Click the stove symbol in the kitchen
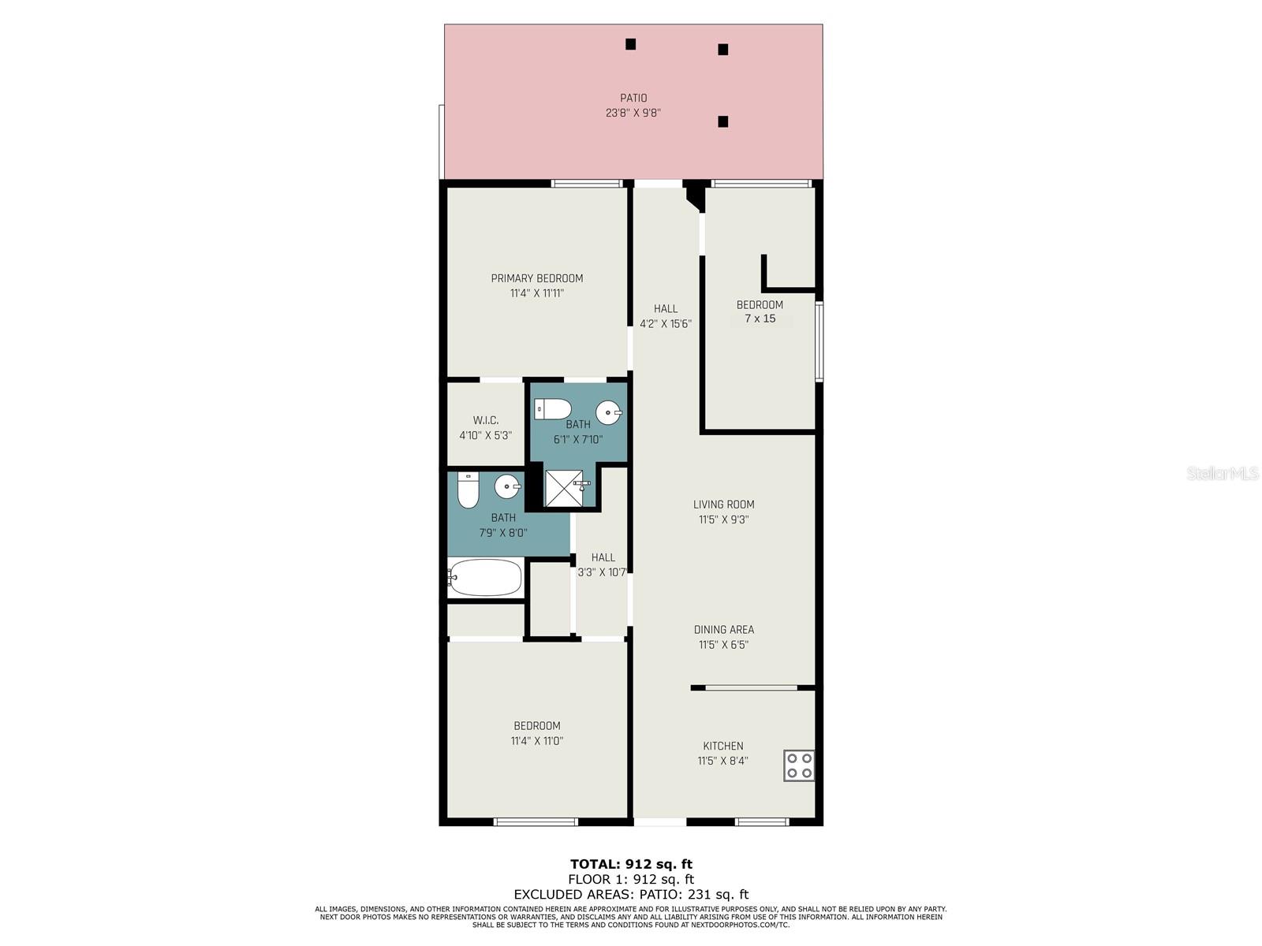coord(798,765)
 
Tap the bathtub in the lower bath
coord(485,578)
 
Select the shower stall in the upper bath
coord(564,488)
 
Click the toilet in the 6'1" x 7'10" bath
coord(552,409)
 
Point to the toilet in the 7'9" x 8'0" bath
coord(469,490)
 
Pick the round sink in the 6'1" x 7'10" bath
coord(609,412)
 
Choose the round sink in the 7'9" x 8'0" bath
coord(507,486)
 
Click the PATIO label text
coord(633,99)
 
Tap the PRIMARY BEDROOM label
coord(537,278)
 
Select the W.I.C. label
coord(486,420)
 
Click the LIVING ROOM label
coord(723,505)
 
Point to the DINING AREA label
coord(723,630)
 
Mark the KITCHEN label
coord(723,746)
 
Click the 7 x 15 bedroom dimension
coord(760,319)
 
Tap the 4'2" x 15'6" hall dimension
coord(666,324)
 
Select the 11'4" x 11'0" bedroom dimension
coord(537,741)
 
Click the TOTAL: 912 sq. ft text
coord(631,864)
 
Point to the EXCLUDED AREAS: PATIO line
coord(631,894)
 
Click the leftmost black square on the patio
coord(630,44)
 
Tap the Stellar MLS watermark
coord(1222,473)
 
